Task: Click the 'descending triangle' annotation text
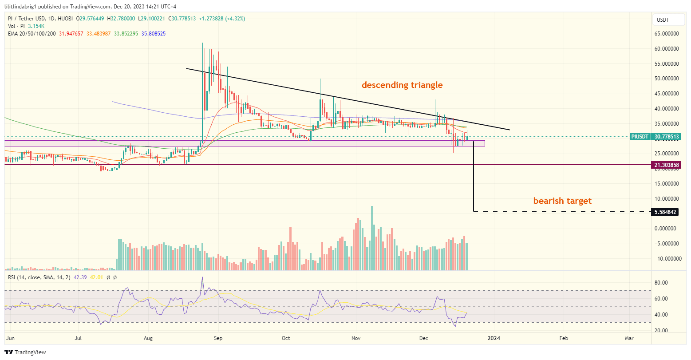point(402,85)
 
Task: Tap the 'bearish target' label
point(562,201)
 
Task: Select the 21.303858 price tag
point(667,165)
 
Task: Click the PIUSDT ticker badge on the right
point(640,137)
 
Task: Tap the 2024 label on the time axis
point(494,338)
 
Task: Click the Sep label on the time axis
point(217,338)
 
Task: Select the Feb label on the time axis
point(563,338)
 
